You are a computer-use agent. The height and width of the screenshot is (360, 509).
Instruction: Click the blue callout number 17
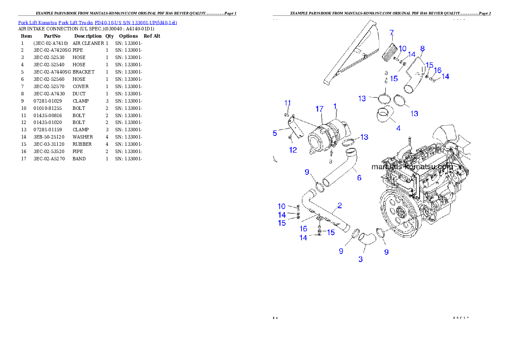pos(320,109)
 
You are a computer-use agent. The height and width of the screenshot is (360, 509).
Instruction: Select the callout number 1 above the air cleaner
pos(335,106)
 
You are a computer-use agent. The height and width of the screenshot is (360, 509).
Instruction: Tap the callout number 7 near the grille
pos(391,32)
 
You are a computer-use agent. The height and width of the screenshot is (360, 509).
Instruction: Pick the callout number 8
pos(422,48)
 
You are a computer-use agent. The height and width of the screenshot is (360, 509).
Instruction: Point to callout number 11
pos(288,103)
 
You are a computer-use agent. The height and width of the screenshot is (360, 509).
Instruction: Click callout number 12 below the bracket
pos(293,150)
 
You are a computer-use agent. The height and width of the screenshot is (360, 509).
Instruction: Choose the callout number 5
pos(275,133)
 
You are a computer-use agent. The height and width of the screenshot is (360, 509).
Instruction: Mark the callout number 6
pos(359,177)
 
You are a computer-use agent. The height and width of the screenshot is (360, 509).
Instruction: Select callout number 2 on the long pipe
pos(339,206)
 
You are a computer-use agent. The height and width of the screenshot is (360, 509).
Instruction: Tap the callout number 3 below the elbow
pos(361,259)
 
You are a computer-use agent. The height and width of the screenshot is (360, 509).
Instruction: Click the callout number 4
pos(398,128)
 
